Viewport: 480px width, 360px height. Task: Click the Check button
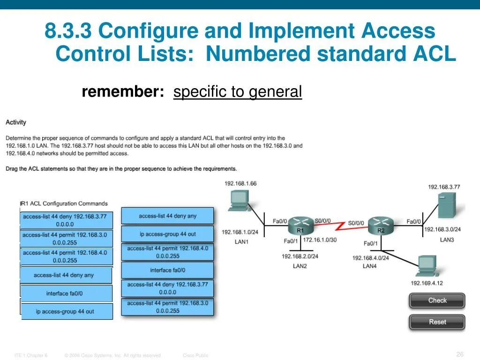(x=437, y=300)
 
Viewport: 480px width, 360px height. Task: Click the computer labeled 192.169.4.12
(x=428, y=267)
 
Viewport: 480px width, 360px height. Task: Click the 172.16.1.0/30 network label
(x=320, y=240)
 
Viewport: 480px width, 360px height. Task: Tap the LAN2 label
(x=300, y=266)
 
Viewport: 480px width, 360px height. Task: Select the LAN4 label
(x=369, y=266)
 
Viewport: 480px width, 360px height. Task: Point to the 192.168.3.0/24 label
(x=442, y=229)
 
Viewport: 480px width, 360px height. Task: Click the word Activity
(x=16, y=122)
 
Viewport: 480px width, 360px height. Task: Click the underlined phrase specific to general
(x=237, y=92)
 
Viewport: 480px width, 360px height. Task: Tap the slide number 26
(x=459, y=354)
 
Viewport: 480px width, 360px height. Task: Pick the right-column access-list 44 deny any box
(x=167, y=216)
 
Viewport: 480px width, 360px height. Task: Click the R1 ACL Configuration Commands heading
(x=64, y=203)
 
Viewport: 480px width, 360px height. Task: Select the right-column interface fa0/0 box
(x=167, y=270)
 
